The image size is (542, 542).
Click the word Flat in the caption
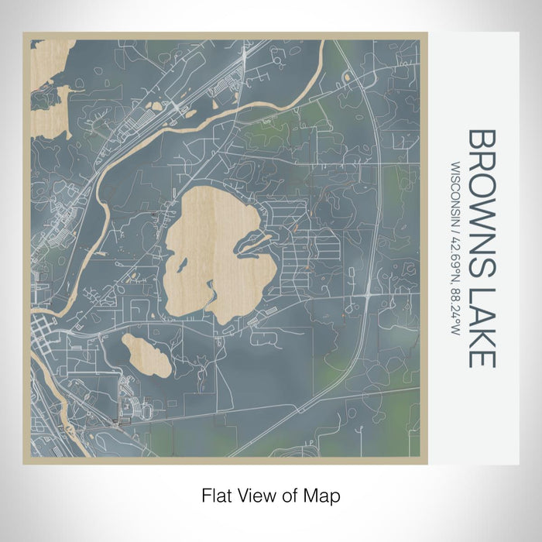(x=216, y=494)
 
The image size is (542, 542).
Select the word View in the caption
(x=257, y=494)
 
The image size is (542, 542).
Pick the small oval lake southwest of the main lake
(x=146, y=354)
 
